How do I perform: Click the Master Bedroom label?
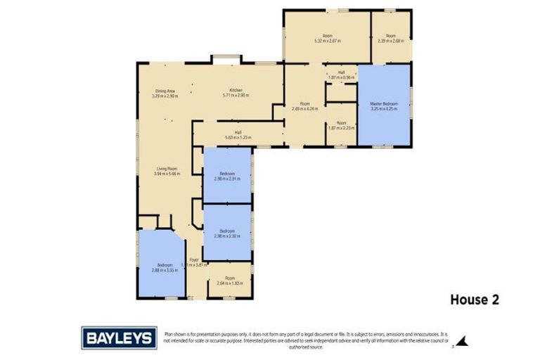coord(383,103)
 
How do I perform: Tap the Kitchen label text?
coord(236,90)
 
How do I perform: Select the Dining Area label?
coord(165,90)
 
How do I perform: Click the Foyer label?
coord(193,259)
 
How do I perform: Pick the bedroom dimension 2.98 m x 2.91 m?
coord(227,179)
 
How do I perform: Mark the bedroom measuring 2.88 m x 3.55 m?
coord(162,269)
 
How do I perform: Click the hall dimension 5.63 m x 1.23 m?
coord(238,137)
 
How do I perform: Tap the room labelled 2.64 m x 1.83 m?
coord(229,283)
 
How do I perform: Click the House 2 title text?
coord(474,300)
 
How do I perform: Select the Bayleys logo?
coord(119,337)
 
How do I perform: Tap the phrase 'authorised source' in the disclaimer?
coord(303,347)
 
